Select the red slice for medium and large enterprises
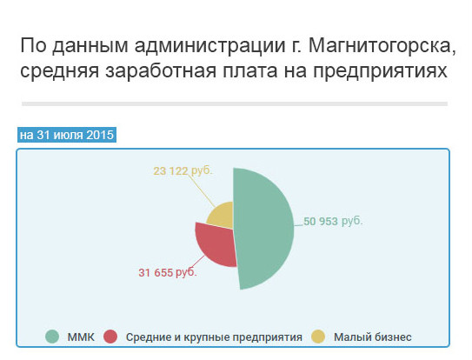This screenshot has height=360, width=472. tap(216, 244)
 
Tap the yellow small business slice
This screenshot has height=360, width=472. tap(223, 216)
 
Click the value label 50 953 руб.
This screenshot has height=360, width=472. tap(333, 222)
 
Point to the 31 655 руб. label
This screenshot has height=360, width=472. tap(168, 273)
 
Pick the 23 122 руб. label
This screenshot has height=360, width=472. tap(183, 170)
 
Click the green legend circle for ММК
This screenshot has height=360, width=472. tap(52, 337)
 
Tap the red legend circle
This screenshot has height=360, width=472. tap(110, 337)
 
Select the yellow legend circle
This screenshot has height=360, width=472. tap(318, 337)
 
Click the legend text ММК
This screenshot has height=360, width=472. tap(81, 337)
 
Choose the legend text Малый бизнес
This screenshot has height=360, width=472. tap(373, 337)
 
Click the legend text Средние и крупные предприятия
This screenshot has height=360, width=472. tap(214, 337)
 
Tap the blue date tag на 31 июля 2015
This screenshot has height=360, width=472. tap(67, 135)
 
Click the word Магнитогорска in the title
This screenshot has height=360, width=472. tap(382, 46)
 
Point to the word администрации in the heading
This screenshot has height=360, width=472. tap(209, 46)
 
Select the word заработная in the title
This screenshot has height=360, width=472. tap(161, 71)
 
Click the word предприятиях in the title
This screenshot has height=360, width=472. tap(380, 71)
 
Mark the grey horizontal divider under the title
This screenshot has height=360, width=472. tap(235, 104)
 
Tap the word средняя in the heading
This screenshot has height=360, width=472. tap(60, 71)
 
